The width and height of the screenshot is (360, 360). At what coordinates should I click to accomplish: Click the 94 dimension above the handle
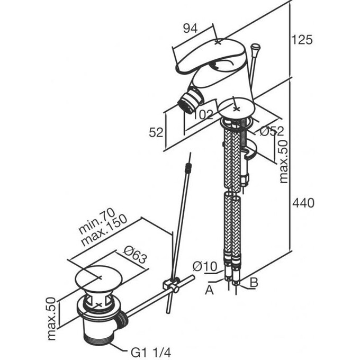190,29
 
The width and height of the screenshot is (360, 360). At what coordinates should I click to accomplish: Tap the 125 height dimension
302,40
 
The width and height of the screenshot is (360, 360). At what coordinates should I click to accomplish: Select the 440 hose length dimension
303,203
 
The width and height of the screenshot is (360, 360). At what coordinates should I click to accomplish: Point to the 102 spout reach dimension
202,114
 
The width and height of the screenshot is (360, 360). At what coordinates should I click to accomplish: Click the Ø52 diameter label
272,131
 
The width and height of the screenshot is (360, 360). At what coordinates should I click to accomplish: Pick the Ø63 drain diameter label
135,255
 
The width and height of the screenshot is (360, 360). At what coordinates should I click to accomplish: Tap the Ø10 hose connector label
204,266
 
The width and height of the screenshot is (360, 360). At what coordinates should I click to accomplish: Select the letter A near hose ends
209,290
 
